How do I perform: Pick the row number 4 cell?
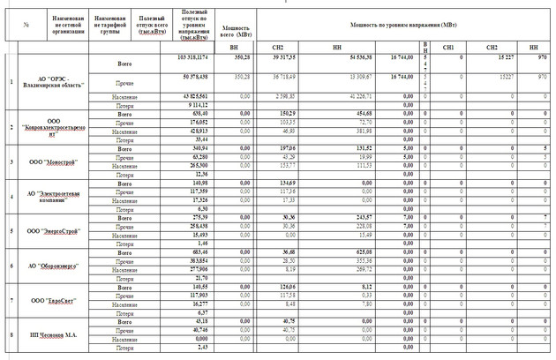pos(11,196)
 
